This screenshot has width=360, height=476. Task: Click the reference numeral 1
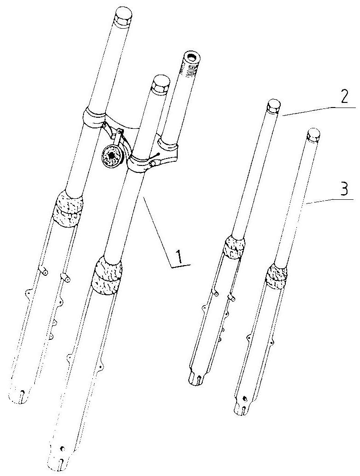point(179,256)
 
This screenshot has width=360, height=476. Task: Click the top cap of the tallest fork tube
point(123,18)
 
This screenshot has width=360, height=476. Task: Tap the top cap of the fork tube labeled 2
point(273,107)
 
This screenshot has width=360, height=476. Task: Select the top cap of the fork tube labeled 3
point(314,135)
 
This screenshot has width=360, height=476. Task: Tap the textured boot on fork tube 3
point(277,276)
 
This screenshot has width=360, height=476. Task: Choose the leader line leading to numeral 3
point(330,202)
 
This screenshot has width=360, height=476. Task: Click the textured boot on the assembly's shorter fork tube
point(107,275)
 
